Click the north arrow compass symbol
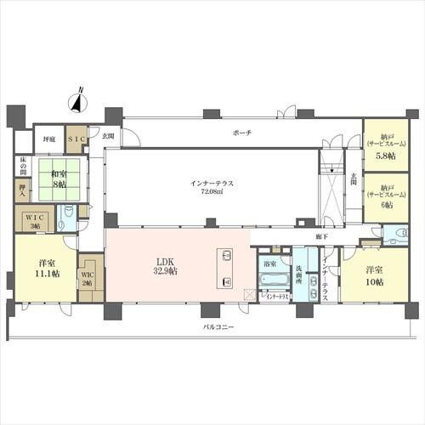(x=77, y=101)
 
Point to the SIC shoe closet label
(x=76, y=138)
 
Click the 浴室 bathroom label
(x=269, y=263)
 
